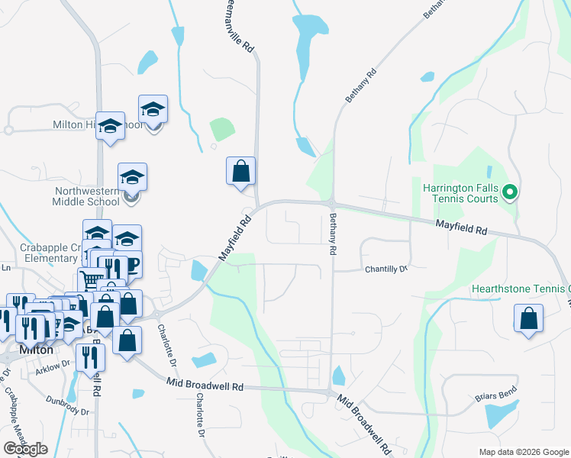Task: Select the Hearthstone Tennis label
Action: click(521, 289)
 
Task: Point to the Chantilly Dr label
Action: click(386, 269)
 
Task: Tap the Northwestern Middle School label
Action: click(85, 197)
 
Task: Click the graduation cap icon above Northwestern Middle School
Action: click(132, 177)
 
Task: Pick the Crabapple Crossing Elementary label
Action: click(46, 253)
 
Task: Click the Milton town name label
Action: click(27, 350)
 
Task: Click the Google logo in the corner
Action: click(25, 449)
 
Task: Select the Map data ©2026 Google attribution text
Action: click(523, 452)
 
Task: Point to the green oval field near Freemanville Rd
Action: click(221, 129)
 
